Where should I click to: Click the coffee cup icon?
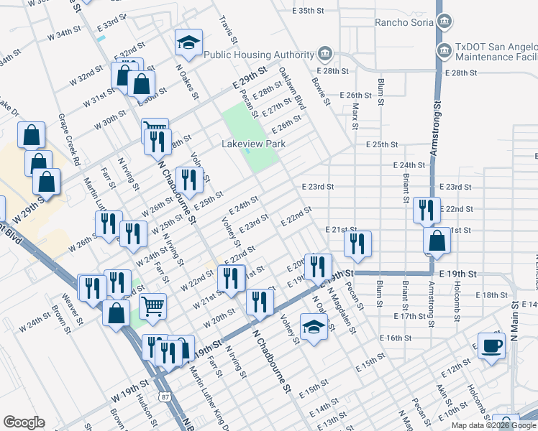coord(492,346)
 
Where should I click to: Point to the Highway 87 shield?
coord(166,396)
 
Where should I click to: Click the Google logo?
coord(23,422)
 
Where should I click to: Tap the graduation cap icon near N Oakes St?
coord(188,44)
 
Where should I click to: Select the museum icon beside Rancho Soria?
coord(444,22)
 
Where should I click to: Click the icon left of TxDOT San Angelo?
coord(444,50)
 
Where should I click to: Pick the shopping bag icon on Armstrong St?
coord(437,242)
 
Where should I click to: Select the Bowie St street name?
coord(320,91)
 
